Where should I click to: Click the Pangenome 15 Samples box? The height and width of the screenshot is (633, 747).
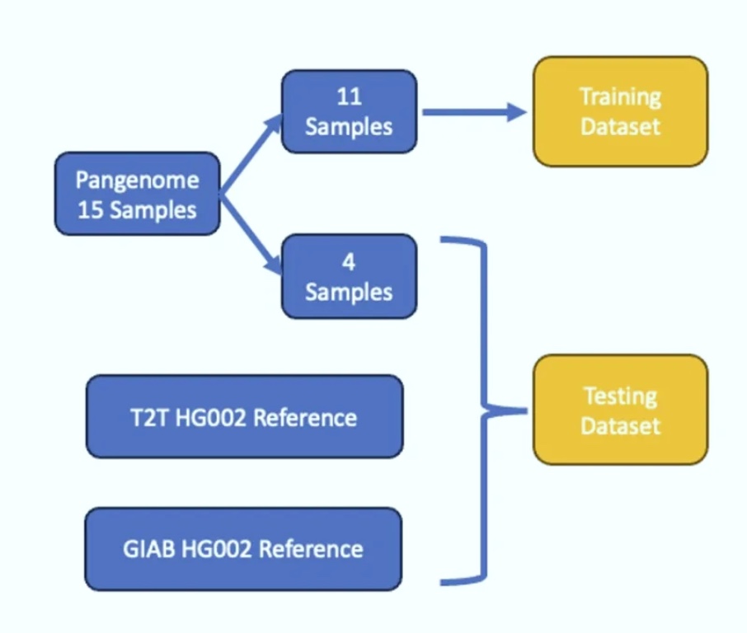point(137,194)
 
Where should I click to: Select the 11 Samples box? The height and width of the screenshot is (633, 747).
point(350,111)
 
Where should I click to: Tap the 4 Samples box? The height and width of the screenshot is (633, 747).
point(350,276)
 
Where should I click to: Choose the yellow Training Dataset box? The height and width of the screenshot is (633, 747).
point(620,111)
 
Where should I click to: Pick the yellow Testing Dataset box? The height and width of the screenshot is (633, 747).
point(620,410)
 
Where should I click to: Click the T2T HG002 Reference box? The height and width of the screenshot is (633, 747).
point(244,416)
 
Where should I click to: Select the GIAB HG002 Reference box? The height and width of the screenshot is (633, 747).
point(243,549)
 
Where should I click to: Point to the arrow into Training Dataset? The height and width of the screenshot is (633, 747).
point(474,112)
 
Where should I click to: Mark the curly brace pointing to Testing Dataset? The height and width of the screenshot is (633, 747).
point(483,410)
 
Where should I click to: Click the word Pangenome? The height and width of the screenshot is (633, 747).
point(137,181)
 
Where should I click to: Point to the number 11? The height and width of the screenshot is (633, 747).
point(350,96)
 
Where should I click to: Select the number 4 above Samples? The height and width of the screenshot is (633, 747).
point(349,262)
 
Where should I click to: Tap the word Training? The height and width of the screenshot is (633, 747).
point(620,97)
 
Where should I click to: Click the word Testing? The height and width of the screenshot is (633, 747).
point(620,396)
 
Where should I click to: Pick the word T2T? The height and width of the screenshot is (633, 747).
point(149,418)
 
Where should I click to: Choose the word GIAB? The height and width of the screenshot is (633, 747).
point(149,549)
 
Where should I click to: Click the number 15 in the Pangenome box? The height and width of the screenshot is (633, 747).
point(91,210)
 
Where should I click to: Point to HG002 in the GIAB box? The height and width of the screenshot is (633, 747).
point(217,549)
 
